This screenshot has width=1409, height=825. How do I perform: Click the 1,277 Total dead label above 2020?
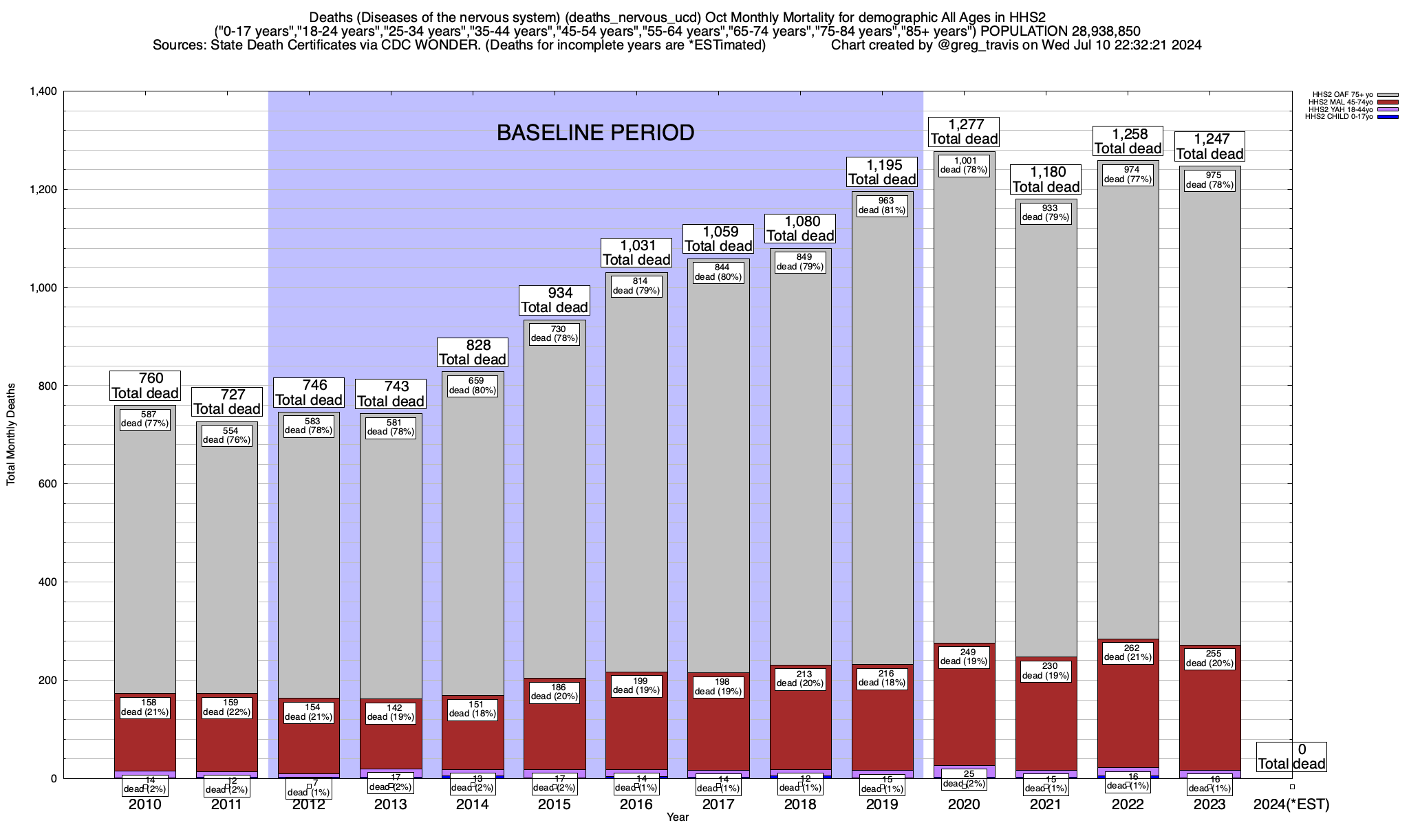(x=964, y=131)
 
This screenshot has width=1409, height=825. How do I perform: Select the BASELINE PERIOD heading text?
(x=595, y=133)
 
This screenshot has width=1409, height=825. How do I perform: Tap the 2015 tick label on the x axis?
(x=555, y=804)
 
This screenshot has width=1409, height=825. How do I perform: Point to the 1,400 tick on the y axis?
(x=42, y=91)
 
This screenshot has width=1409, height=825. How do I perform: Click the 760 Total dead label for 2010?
(x=145, y=386)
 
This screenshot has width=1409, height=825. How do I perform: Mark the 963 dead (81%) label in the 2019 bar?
(x=882, y=206)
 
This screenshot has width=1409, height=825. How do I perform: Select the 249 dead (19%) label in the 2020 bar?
(x=964, y=657)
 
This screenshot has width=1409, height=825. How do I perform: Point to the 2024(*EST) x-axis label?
(x=1291, y=804)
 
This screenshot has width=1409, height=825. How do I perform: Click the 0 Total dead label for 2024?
(x=1291, y=756)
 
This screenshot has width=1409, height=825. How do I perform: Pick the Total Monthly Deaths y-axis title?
(x=11, y=434)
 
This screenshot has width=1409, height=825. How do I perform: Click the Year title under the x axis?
(x=677, y=817)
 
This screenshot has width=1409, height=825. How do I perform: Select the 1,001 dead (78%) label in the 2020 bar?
(x=964, y=166)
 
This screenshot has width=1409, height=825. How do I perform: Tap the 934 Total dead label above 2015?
(x=555, y=300)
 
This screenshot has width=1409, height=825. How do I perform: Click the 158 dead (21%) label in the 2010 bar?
(x=145, y=707)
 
